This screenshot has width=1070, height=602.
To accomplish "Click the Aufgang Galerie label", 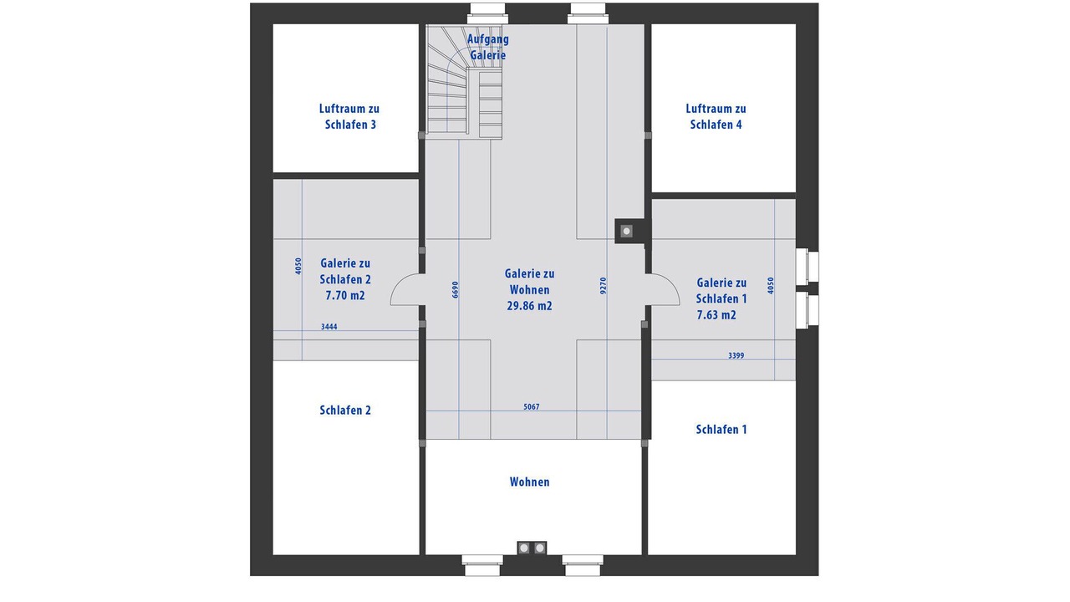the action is pos(487,47).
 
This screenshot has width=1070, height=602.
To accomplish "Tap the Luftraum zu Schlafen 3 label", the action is pos(349,116).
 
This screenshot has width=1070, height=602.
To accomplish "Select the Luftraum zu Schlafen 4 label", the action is pos(716,116).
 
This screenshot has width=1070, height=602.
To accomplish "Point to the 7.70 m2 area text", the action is pos(345,296).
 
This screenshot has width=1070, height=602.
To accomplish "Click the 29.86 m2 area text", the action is pos(529,306).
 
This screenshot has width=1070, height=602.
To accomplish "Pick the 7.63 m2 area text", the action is pos(716,315).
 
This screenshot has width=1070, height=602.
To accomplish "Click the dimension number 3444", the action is pos(329,327).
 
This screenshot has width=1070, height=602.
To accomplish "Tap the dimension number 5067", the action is pos(531,407).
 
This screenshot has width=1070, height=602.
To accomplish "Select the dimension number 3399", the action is pos(736,355).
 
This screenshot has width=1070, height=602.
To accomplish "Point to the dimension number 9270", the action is pos(604,285).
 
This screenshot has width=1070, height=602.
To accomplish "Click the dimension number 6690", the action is pos(456,289).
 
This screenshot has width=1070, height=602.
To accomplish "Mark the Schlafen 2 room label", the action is pos(345,411).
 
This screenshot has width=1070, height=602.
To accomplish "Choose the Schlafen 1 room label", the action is pos(721,430).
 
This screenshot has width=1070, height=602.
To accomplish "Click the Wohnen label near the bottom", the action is pos(529,482).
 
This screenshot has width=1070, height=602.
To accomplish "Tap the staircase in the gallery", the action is pos(464,82).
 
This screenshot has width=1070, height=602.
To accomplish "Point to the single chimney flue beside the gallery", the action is pos(626,232).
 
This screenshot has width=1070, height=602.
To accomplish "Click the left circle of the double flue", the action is pos(524,548).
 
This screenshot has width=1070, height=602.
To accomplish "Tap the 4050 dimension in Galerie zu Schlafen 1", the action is pos(771,285).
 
